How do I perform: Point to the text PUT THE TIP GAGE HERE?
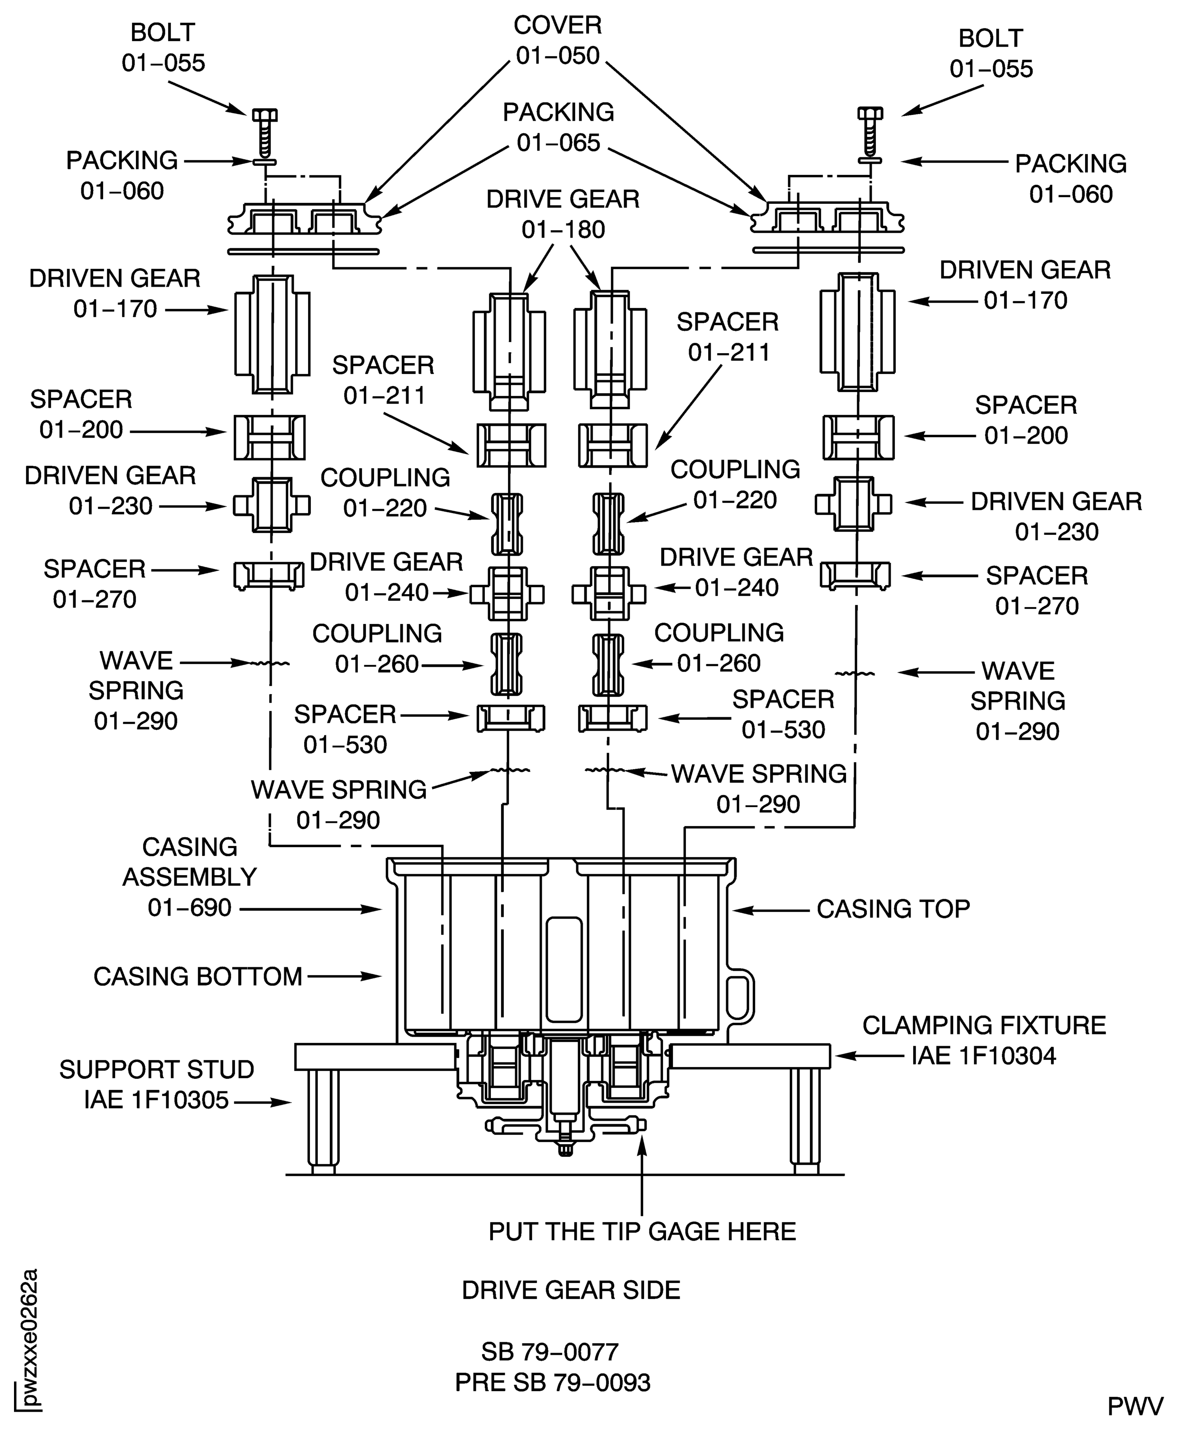pyautogui.click(x=642, y=1231)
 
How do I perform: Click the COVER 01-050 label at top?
pyautogui.click(x=558, y=40)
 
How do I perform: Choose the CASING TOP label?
pyautogui.click(x=892, y=909)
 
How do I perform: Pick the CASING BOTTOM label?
pyautogui.click(x=197, y=976)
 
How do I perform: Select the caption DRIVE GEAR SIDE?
pyautogui.click(x=570, y=1290)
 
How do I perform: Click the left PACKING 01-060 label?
pyautogui.click(x=122, y=175)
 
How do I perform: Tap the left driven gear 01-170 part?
pyautogui.click(x=272, y=334)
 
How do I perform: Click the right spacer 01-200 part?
pyautogui.click(x=858, y=437)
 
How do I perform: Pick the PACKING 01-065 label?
pyautogui.click(x=558, y=127)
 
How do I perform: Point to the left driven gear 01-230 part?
pyautogui.click(x=272, y=505)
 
